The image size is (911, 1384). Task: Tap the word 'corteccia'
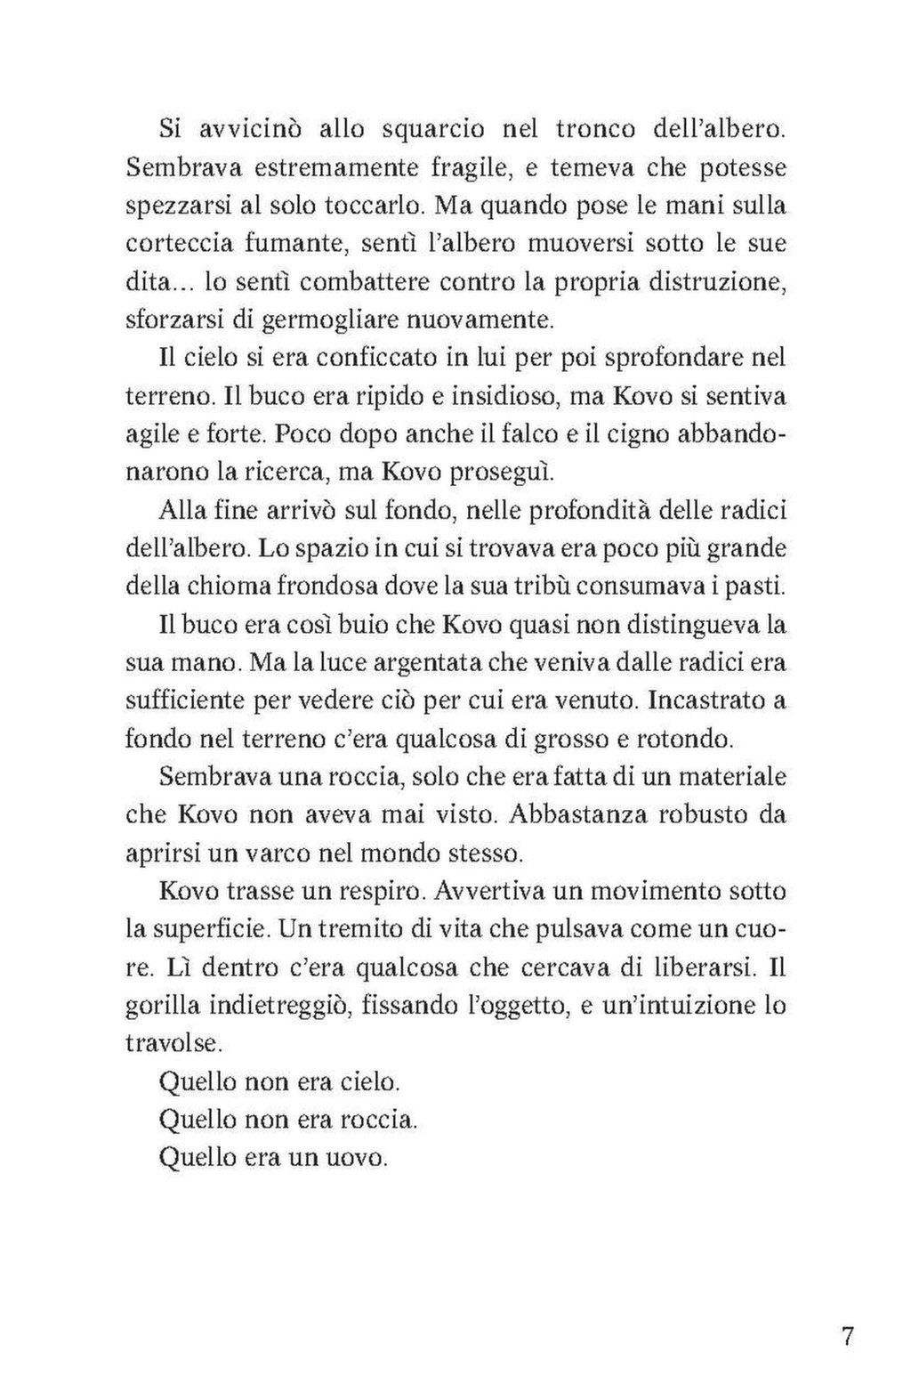tap(177, 244)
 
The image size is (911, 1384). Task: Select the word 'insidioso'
tap(496, 397)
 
